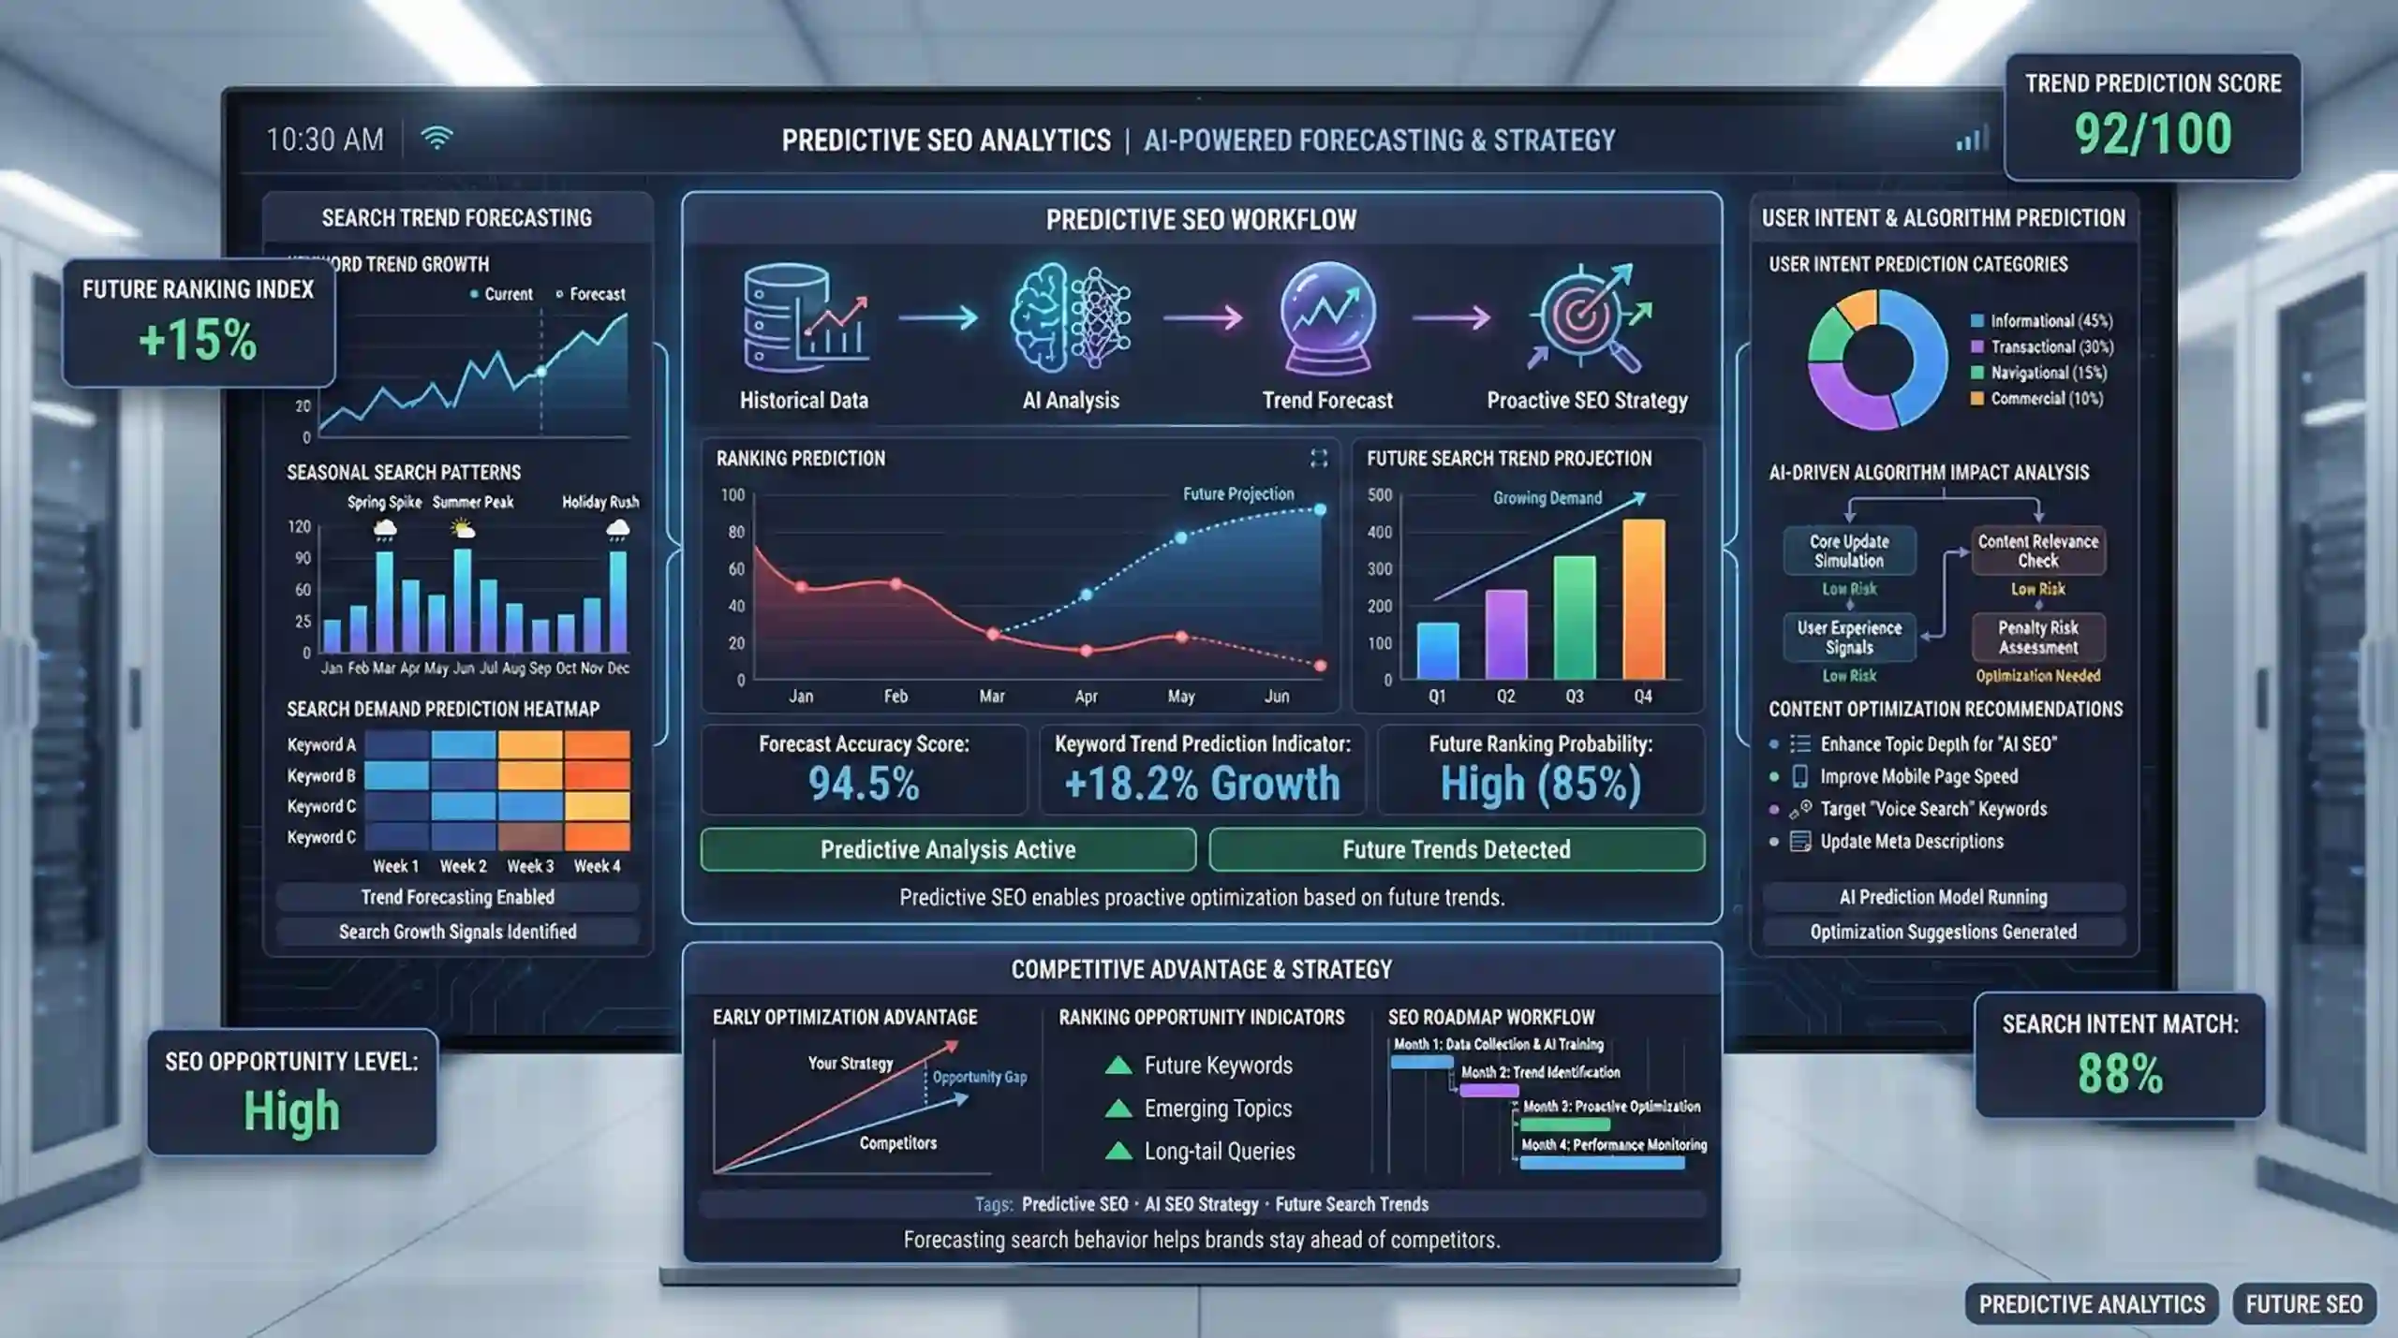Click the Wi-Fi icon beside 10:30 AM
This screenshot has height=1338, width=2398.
(437, 139)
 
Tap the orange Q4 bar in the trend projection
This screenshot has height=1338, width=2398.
(1643, 599)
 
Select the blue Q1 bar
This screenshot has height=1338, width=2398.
(1437, 651)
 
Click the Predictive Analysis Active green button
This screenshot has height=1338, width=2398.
(948, 849)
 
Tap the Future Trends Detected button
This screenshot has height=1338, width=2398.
(1456, 849)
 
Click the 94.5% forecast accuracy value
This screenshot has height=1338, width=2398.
(864, 784)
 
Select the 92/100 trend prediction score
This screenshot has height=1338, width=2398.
(2153, 134)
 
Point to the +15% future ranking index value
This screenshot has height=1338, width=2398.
(198, 339)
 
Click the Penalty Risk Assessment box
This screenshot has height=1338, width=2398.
(2037, 638)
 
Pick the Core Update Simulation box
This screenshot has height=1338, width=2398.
(1849, 551)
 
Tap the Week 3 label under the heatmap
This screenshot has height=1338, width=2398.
(530, 866)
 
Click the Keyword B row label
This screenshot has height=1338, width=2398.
(321, 775)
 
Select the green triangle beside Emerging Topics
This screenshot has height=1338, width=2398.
(1118, 1109)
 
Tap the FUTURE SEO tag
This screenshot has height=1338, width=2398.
(2303, 1304)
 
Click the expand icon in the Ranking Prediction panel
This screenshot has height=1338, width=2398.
(1319, 458)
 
